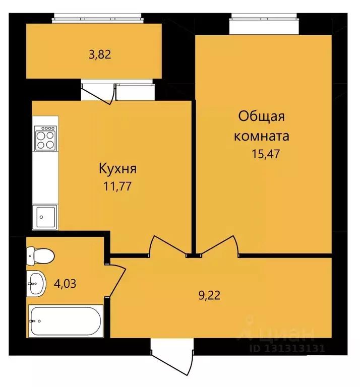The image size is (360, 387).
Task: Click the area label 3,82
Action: [x=99, y=54]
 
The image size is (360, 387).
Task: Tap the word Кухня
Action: [x=117, y=168]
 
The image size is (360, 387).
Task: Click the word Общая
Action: [x=262, y=117]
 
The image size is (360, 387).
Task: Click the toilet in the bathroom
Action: [x=39, y=256]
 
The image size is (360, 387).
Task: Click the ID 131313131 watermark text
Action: [x=287, y=348]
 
